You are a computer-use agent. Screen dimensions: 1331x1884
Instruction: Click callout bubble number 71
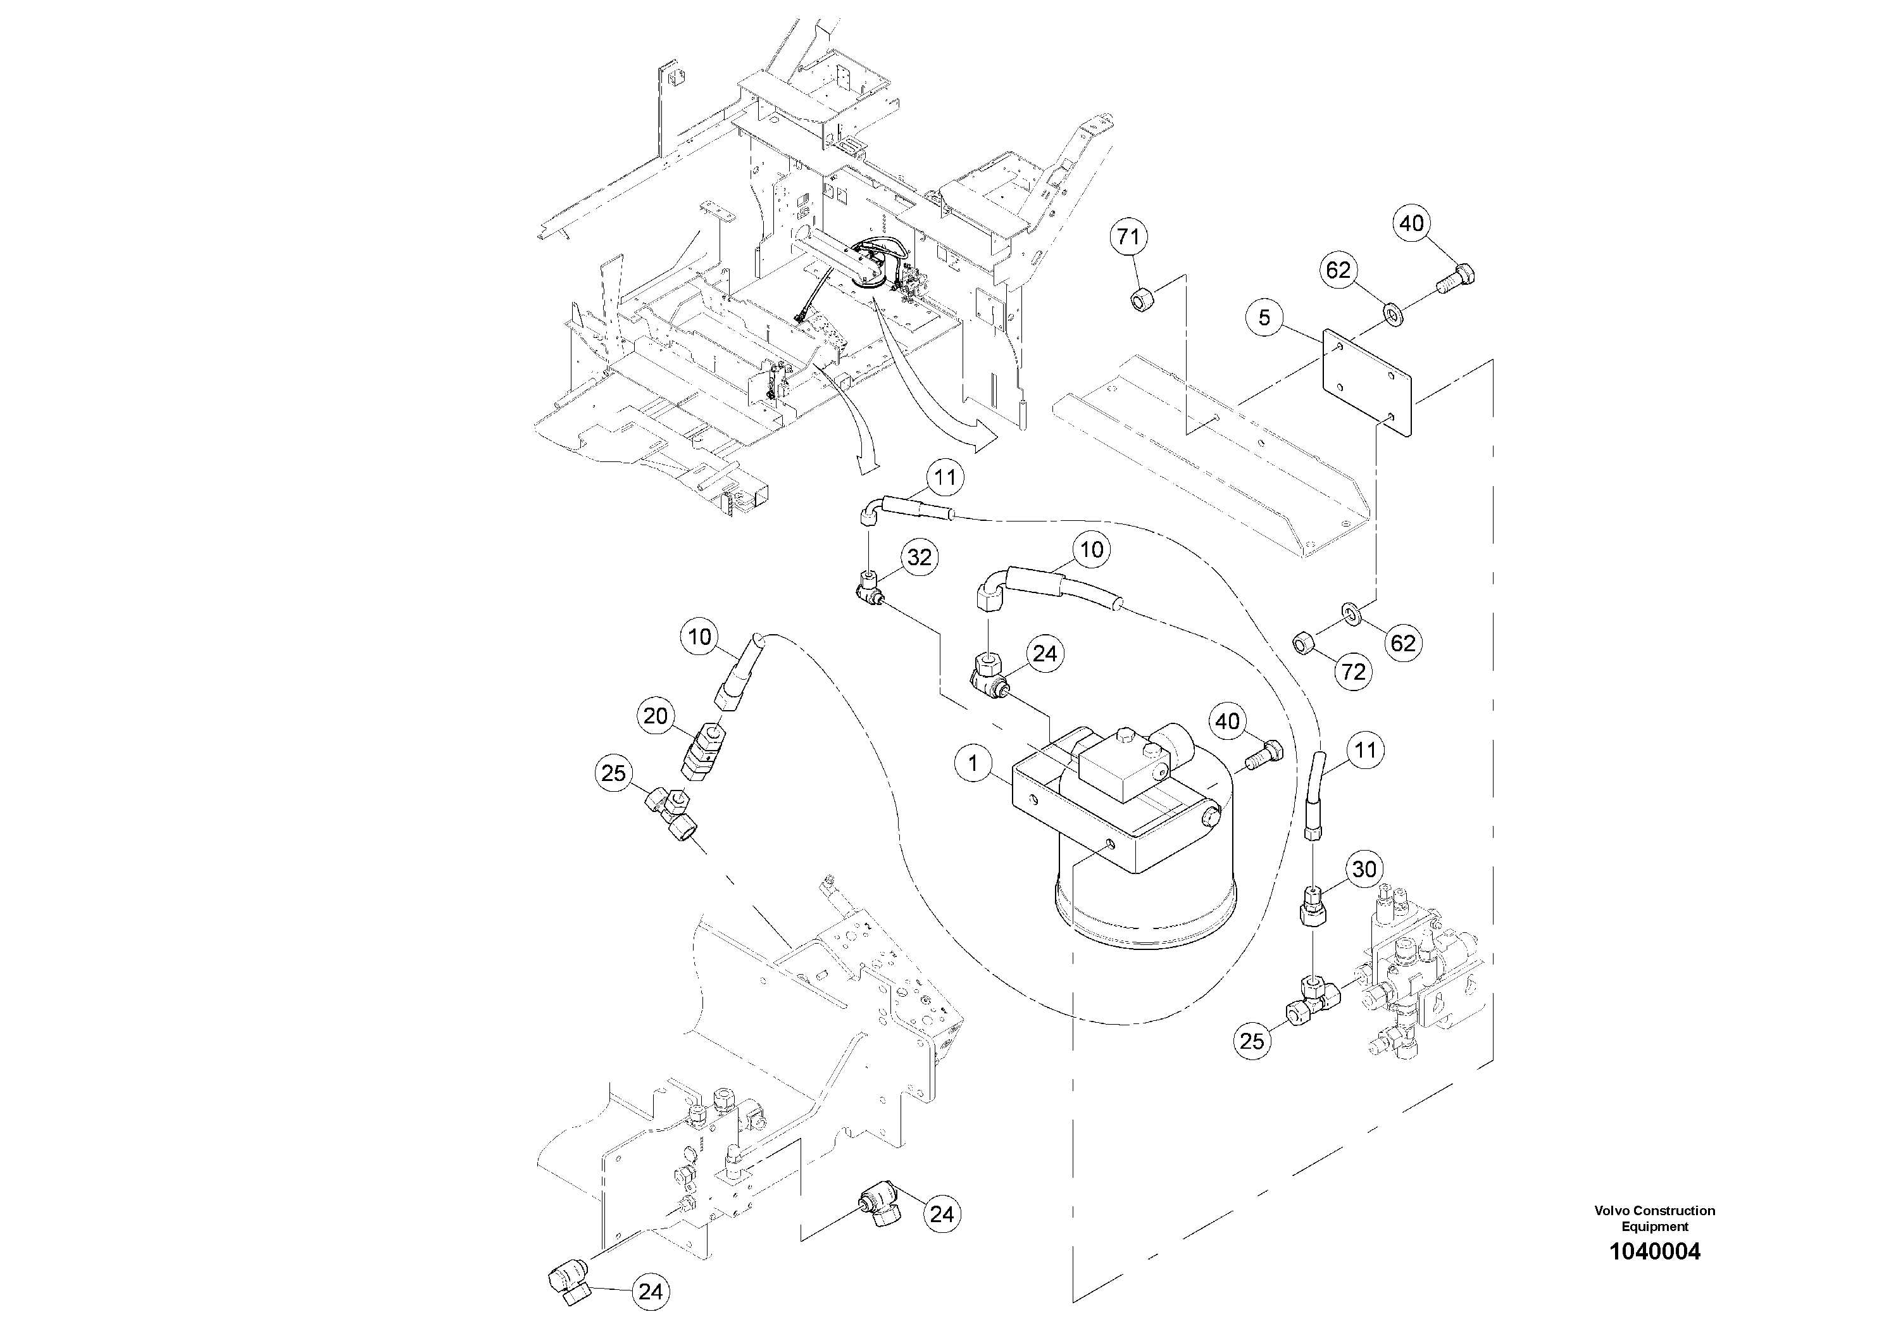pyautogui.click(x=1128, y=237)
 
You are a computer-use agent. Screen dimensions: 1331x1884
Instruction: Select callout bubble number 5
pyautogui.click(x=1264, y=318)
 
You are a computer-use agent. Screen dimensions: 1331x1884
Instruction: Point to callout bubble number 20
pyautogui.click(x=655, y=716)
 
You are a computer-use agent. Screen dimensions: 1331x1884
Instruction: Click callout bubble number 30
pyautogui.click(x=1364, y=870)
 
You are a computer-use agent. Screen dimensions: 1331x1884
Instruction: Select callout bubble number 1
pyautogui.click(x=973, y=764)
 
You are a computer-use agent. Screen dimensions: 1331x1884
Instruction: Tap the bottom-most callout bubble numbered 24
pyautogui.click(x=650, y=1292)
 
